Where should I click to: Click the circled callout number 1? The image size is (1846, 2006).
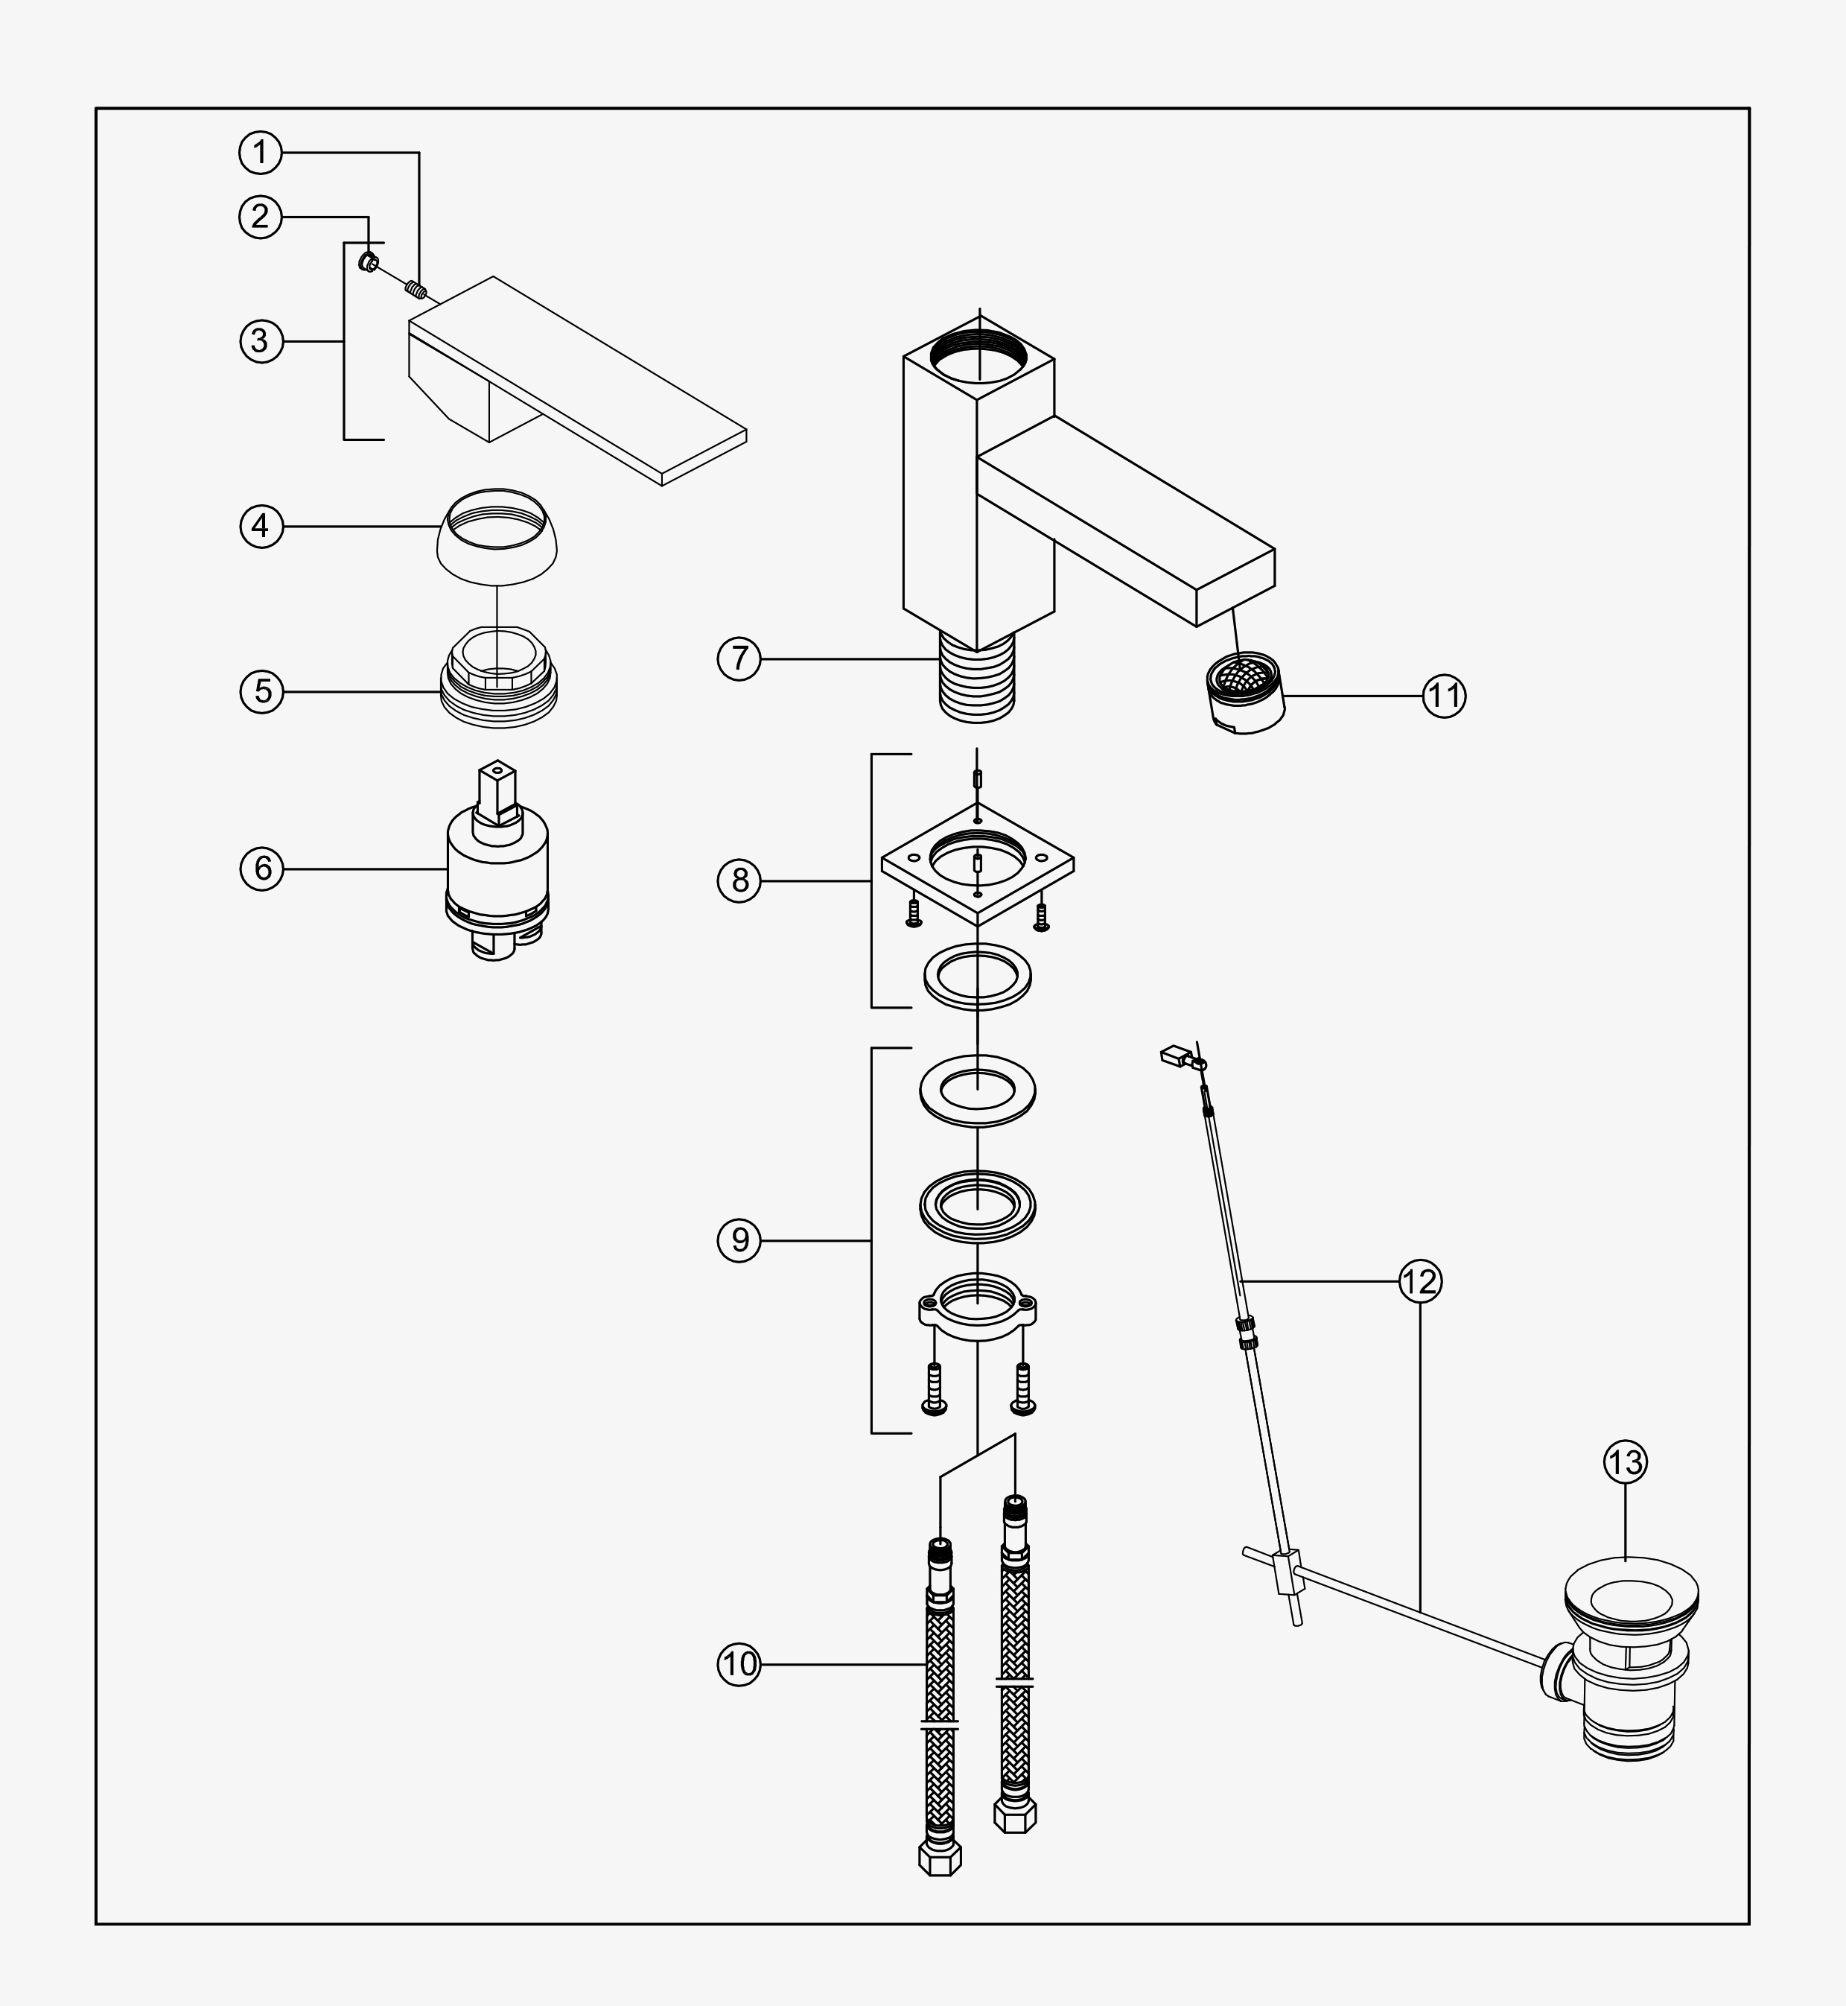261,153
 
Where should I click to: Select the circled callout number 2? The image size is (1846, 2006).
261,217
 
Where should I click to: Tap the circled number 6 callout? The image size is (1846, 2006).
261,868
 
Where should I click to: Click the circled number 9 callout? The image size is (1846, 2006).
739,1241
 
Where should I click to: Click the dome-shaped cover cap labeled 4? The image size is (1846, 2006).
497,535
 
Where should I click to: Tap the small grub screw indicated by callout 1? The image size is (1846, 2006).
416,291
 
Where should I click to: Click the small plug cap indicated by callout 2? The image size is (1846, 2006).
369,264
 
